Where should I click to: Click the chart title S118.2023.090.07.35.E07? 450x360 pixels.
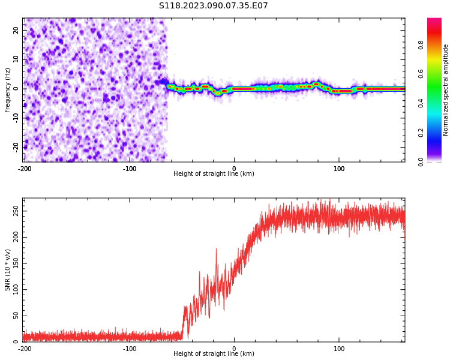tap(213, 6)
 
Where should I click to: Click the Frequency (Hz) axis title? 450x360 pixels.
tap(8, 90)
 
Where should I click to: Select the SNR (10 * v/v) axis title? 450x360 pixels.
tap(8, 270)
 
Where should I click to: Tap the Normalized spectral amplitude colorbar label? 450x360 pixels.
tap(446, 90)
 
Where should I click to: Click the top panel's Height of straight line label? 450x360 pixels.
tap(214, 173)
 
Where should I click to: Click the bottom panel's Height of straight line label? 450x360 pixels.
tap(214, 353)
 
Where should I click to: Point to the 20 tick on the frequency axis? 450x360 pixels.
tap(16, 30)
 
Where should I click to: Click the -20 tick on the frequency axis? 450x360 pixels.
tap(14, 146)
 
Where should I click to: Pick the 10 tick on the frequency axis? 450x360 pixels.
tap(16, 59)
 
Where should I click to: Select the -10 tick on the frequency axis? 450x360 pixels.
tap(14, 118)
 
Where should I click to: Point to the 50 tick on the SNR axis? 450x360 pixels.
tap(16, 316)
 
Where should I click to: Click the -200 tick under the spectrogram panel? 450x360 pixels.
tap(24, 168)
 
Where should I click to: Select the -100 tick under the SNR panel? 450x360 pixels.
tap(129, 348)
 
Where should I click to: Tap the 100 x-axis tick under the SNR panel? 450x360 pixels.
tap(339, 348)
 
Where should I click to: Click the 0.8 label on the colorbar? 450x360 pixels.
tap(421, 44)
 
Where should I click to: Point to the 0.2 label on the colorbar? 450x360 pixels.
tap(421, 133)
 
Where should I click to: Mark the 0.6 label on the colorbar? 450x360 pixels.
tap(421, 74)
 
